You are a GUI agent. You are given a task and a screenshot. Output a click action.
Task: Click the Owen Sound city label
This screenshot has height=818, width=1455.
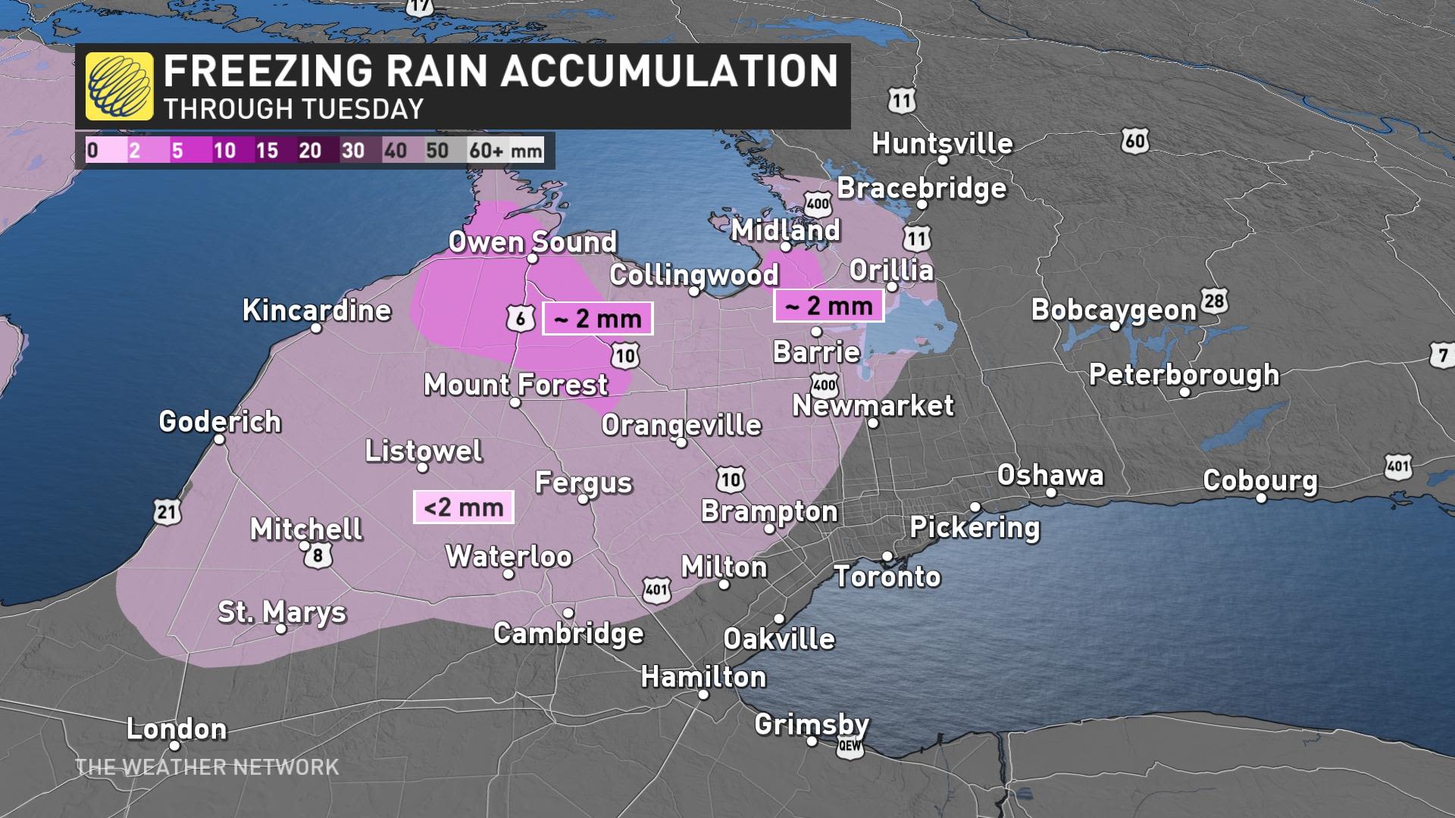click(x=532, y=242)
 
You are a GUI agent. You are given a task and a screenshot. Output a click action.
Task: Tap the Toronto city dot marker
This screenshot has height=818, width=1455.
click(x=887, y=557)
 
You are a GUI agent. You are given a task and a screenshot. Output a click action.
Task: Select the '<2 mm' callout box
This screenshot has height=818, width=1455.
click(x=464, y=507)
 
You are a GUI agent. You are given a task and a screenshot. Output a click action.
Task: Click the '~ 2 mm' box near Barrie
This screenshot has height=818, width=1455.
click(x=828, y=306)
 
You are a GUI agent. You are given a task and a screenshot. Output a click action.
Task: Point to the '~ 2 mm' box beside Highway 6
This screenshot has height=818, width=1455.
click(x=597, y=319)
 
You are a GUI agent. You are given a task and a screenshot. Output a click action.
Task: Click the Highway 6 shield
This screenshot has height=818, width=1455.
click(x=521, y=319)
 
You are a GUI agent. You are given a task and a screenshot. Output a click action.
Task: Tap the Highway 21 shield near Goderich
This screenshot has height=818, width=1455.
click(x=167, y=512)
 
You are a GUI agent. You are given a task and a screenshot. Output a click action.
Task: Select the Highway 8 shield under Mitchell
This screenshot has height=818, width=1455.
click(x=318, y=556)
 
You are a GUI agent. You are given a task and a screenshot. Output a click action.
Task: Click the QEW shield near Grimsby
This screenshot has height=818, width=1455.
click(x=850, y=746)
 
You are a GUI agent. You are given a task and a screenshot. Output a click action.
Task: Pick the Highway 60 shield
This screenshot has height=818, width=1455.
click(x=1134, y=141)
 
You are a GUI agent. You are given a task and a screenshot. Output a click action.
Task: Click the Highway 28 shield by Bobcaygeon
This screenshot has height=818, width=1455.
click(x=1214, y=301)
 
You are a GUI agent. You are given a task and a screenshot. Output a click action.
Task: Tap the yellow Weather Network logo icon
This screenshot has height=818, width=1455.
click(x=119, y=86)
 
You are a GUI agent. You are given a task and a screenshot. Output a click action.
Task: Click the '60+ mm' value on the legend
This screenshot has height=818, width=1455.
click(x=505, y=150)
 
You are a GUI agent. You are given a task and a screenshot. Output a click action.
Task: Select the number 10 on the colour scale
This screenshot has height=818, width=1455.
click(x=224, y=150)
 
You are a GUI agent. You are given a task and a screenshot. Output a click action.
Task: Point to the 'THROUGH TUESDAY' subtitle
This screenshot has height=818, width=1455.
click(x=293, y=110)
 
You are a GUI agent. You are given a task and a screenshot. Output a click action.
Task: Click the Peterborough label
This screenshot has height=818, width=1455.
click(x=1184, y=374)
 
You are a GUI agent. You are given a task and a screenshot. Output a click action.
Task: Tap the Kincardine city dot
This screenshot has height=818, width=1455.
click(x=318, y=328)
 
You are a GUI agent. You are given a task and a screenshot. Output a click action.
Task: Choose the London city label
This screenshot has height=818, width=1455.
click(x=177, y=729)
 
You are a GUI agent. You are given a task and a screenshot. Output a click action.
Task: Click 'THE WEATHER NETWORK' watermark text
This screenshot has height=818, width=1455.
click(x=207, y=767)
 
